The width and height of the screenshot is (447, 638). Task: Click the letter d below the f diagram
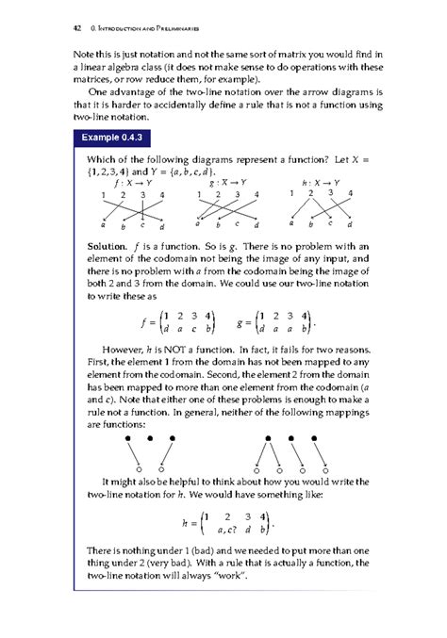pos(161,227)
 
